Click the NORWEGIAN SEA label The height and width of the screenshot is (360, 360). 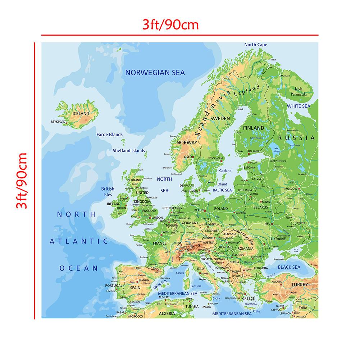155,73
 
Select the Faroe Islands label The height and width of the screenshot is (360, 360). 109,135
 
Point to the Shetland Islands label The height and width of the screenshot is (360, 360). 129,151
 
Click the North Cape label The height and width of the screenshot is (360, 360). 256,45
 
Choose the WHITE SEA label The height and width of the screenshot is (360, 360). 298,106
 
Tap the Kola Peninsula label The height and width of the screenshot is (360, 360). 301,91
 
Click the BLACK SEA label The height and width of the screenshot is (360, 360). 289,267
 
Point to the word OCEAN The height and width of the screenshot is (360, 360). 79,268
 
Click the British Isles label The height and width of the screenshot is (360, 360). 108,191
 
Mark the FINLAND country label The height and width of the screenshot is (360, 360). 254,128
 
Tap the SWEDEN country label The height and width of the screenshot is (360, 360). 220,118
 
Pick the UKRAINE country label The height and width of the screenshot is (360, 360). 278,238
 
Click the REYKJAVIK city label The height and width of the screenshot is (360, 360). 59,122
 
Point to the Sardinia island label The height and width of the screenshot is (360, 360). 196,286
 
